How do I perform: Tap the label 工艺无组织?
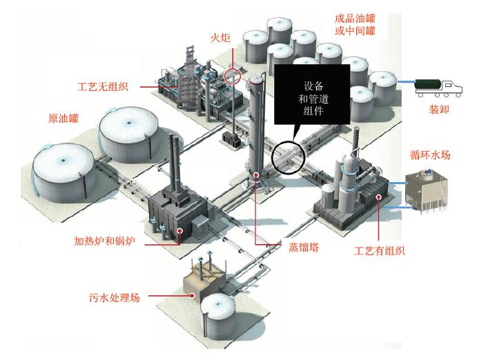pos(106,88)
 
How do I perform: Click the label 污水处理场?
pos(114,298)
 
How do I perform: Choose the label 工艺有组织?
pos(379,250)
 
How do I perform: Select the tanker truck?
pos(439,86)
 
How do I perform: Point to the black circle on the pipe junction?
pos(287,158)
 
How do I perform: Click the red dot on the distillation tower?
pos(256,175)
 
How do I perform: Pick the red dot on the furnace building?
pos(179,232)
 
